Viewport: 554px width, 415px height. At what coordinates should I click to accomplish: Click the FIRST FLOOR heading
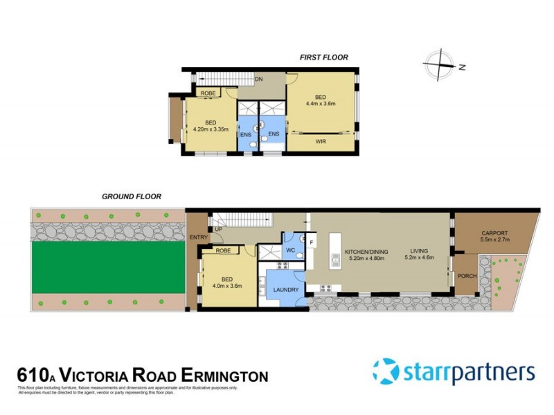tap(323, 57)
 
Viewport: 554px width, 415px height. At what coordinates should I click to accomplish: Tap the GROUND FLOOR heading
tap(132, 196)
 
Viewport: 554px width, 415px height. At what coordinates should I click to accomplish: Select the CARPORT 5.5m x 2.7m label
tap(494, 237)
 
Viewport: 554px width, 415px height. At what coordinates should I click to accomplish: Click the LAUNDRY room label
tap(286, 290)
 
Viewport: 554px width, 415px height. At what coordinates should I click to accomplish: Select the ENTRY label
tap(197, 237)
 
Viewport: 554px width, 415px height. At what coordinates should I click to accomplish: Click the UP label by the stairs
tap(219, 229)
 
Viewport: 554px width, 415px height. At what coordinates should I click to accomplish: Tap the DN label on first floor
tap(258, 80)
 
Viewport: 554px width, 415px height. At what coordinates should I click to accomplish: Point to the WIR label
tap(321, 142)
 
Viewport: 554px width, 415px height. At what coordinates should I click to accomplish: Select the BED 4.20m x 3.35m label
tap(211, 126)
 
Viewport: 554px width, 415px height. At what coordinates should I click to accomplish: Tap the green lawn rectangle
tap(107, 266)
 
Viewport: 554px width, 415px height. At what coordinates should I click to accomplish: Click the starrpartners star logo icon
tap(386, 371)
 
